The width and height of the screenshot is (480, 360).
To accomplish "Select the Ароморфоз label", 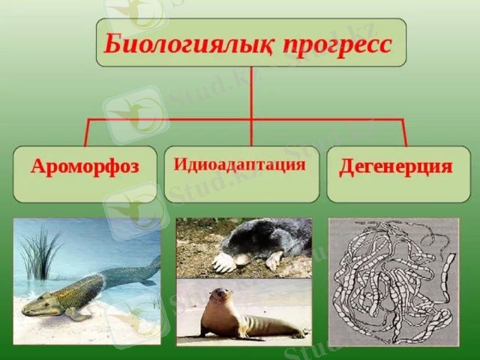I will point(85,167).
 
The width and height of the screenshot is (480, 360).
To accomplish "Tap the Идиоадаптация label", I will point(239,164).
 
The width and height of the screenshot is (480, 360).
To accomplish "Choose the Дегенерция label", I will point(395,166).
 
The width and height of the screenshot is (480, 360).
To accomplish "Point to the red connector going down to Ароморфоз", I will point(87,133).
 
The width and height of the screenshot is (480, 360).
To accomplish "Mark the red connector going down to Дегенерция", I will point(404,133).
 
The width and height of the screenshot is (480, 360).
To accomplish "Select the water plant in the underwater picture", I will point(40,252).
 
